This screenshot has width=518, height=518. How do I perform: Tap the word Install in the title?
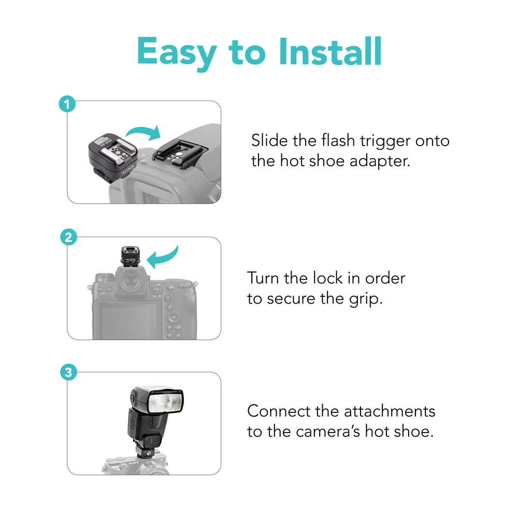coord(330,51)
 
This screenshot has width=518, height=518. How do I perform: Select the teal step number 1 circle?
coord(67,104)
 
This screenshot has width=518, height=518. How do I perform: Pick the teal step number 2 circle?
coord(68,237)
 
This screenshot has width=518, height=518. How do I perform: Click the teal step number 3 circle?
coord(68,372)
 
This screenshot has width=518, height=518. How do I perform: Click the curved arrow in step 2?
coord(164,256)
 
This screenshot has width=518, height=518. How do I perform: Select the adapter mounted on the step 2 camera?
coord(131,256)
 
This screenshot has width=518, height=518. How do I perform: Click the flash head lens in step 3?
coord(165,402)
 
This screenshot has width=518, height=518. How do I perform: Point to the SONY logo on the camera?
coord(134,463)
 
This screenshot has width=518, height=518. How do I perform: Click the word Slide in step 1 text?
coord(269,140)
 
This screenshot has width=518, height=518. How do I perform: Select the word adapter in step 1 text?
coord(380,162)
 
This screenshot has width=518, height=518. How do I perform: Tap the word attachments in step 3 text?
coord(390,411)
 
